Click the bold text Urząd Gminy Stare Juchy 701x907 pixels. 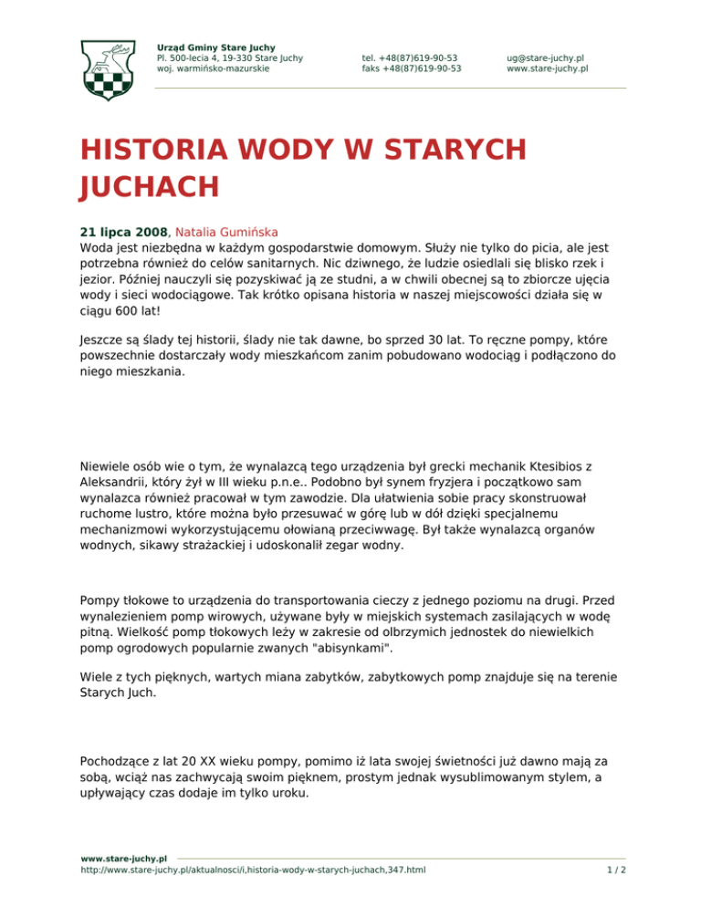click(216, 47)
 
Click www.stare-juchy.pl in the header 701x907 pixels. click(547, 68)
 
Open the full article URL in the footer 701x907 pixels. click(253, 871)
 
